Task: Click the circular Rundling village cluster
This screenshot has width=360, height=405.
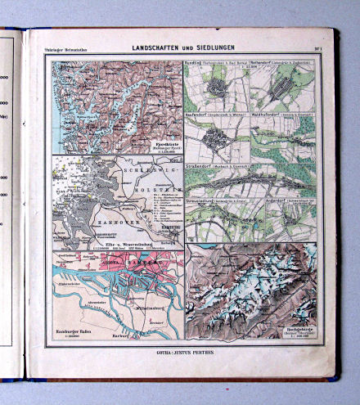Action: pyautogui.click(x=217, y=88)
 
